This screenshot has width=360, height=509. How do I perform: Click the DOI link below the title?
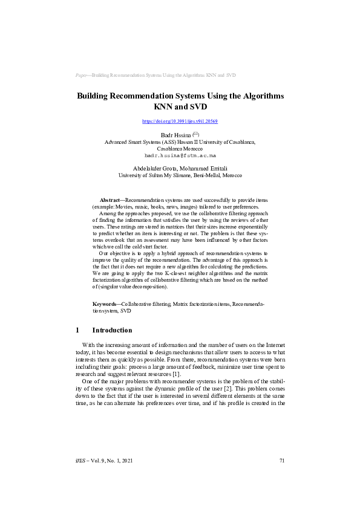[x=180, y=122]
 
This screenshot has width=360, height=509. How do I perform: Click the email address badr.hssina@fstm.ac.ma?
[x=180, y=155]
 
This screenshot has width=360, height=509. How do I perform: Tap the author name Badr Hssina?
[x=174, y=135]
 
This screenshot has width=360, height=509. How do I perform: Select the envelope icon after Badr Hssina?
[x=195, y=134]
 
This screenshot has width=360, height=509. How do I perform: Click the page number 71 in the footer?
[x=282, y=461]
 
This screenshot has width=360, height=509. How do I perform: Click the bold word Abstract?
[x=110, y=199]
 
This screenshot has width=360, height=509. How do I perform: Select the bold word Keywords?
[x=105, y=303]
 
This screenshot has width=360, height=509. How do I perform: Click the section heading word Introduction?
[x=112, y=331]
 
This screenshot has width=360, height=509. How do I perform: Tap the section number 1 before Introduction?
[x=77, y=331]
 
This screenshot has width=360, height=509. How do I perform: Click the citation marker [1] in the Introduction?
[x=177, y=375]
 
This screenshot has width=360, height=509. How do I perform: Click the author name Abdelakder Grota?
[x=152, y=168]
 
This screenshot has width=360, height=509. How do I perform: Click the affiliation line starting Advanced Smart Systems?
[x=180, y=142]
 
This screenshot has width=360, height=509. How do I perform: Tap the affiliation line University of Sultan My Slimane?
[x=180, y=175]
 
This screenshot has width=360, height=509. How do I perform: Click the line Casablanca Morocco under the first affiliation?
[x=180, y=149]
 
